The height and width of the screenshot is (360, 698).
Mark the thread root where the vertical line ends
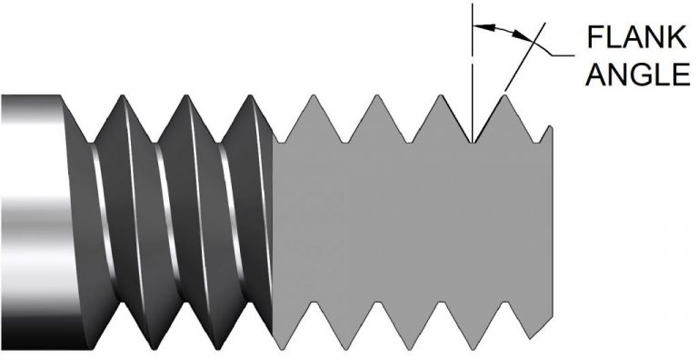pyautogui.click(x=473, y=141)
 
